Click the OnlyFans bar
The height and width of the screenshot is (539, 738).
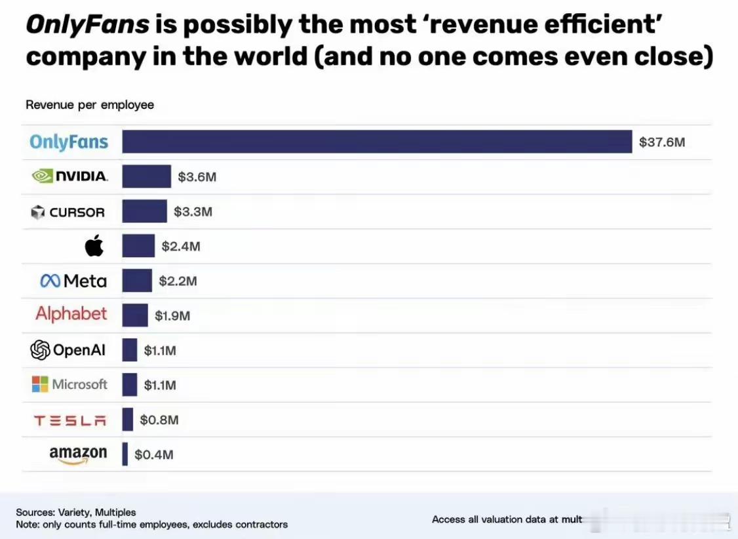pos(377,142)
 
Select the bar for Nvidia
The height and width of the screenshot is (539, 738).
pos(146,176)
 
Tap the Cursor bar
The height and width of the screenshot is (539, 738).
pos(144,211)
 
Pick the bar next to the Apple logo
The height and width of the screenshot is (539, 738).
pos(138,246)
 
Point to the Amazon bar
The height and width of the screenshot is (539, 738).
pos(125,454)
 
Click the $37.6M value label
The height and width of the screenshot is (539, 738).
pos(662,142)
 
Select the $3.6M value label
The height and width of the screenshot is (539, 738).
pos(197,177)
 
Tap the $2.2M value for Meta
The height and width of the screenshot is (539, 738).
pos(178,281)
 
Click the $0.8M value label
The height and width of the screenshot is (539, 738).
pos(159,420)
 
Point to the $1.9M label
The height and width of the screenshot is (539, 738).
pos(172,316)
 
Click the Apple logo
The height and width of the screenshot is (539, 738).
pos(94,246)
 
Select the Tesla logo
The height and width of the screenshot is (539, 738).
pos(69,420)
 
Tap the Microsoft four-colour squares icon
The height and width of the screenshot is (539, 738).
pos(40,384)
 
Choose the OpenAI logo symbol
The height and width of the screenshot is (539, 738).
pos(40,350)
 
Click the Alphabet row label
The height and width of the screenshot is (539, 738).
pos(71,314)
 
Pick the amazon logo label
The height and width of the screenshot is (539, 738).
pos(78,454)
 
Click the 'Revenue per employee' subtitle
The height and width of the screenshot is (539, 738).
pos(90,105)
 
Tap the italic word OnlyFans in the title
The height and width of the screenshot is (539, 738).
pos(87,25)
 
